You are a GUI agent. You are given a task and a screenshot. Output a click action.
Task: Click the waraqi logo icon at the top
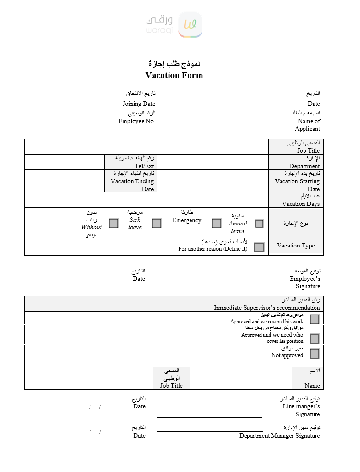pyautogui.click(x=190, y=25)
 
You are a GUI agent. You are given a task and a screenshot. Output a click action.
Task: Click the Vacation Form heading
pyautogui.click(x=174, y=75)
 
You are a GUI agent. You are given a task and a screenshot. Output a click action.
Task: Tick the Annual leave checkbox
pyautogui.click(x=259, y=224)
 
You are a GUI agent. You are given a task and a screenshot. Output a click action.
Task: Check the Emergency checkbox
pyautogui.click(x=216, y=224)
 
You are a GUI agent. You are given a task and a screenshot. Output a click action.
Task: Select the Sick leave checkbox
pyautogui.click(x=157, y=224)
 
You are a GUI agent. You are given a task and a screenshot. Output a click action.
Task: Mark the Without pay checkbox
pyautogui.click(x=113, y=224)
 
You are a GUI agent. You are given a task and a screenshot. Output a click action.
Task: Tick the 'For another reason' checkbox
pyautogui.click(x=259, y=247)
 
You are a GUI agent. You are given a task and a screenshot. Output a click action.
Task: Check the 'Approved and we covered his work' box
pyautogui.click(x=315, y=319)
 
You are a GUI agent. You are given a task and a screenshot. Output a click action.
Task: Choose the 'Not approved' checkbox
pyautogui.click(x=315, y=354)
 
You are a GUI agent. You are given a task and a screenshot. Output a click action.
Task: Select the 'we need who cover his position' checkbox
pyautogui.click(x=315, y=339)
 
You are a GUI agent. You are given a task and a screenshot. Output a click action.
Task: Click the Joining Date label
pyautogui.click(x=139, y=104)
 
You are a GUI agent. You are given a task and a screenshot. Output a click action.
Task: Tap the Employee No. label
pyautogui.click(x=137, y=121)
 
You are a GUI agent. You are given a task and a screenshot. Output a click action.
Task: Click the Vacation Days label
pyautogui.click(x=301, y=204)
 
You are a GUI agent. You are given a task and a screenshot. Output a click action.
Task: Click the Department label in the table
pyautogui.click(x=304, y=166)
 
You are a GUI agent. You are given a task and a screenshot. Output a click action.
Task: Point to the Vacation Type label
pyautogui.click(x=296, y=246)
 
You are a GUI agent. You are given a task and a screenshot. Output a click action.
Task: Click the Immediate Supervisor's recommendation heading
pyautogui.click(x=267, y=308)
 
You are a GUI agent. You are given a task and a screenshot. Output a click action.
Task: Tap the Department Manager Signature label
pyautogui.click(x=280, y=436)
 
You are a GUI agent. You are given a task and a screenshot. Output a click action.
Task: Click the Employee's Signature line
pyautogui.click(x=208, y=289)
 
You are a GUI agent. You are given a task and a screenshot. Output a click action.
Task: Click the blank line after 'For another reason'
pyautogui.click(x=99, y=251)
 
